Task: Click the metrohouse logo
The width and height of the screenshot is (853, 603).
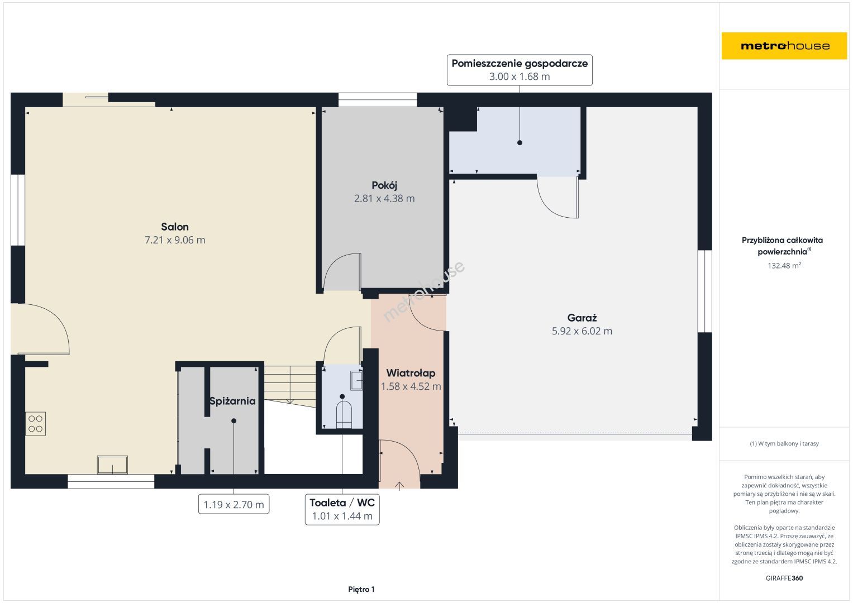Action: [x=784, y=46]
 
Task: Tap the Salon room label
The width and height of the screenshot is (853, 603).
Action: [x=175, y=227]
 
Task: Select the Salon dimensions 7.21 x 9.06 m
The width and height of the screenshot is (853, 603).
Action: [x=175, y=240]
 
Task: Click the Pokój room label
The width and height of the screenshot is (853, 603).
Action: [x=384, y=185]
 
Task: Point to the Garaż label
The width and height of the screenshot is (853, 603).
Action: [x=582, y=318]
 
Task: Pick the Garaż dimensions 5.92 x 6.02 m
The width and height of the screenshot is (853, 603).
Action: [x=582, y=331]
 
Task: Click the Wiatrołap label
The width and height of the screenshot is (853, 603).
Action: [x=411, y=373]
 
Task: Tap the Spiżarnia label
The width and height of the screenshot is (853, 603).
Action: [x=232, y=401]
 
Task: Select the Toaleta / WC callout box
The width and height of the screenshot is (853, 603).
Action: [x=342, y=509]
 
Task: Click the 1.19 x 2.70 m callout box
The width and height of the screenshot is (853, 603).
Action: [x=233, y=504]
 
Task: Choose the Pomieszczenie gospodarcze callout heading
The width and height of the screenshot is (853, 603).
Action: [x=520, y=63]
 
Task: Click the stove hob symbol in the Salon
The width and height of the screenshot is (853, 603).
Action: [x=35, y=424]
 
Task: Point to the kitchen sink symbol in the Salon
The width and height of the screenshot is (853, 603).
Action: [x=112, y=465]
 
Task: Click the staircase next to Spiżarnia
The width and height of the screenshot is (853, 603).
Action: [x=290, y=385]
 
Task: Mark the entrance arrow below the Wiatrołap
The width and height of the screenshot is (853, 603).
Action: [x=399, y=486]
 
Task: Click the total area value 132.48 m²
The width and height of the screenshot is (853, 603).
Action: [x=784, y=265]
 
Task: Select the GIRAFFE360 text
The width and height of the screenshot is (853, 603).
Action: [x=784, y=578]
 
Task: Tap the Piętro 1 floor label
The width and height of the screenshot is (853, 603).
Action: [x=361, y=589]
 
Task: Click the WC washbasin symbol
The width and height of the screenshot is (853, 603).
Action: [x=356, y=380]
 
